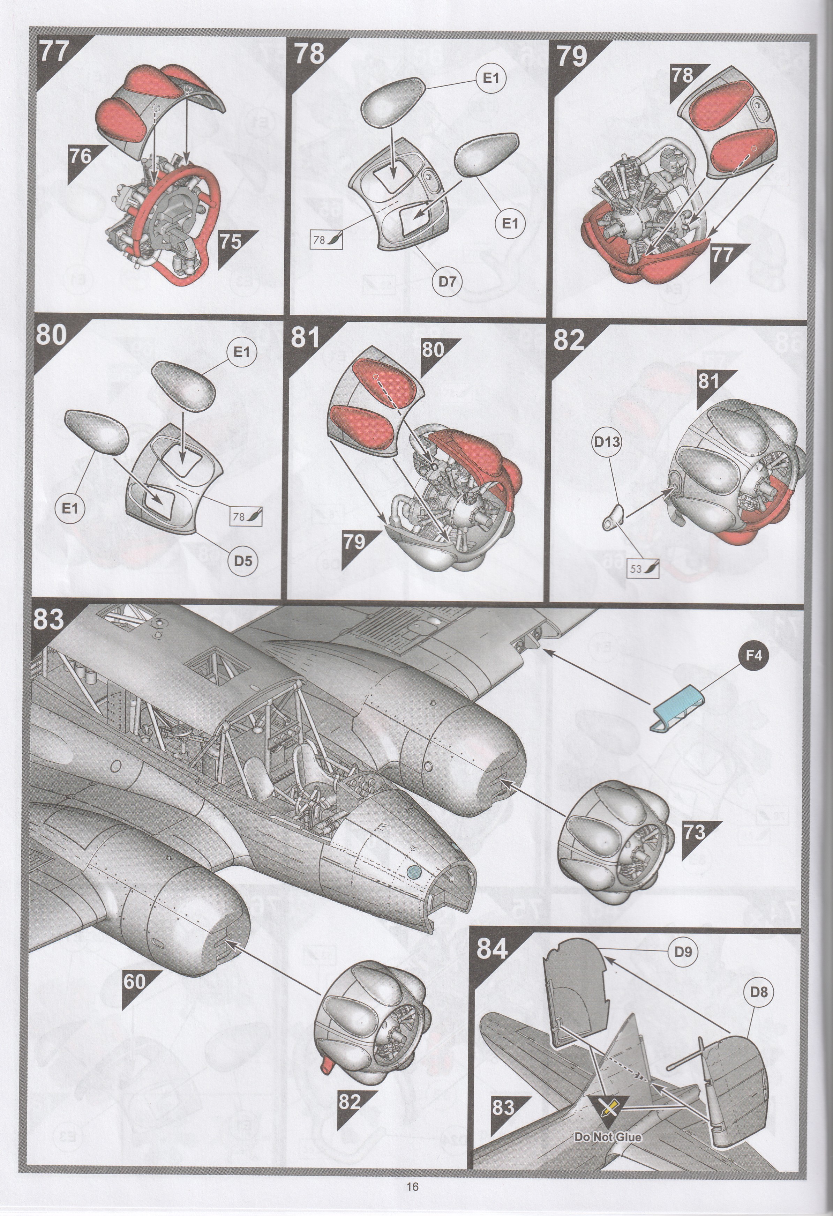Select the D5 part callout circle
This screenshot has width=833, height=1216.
[243, 561]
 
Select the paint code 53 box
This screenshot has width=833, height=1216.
[643, 568]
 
